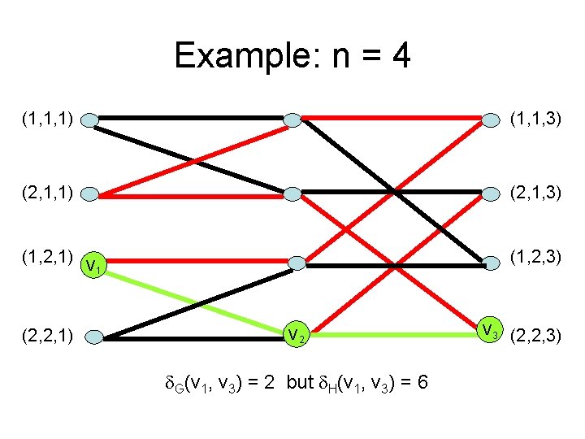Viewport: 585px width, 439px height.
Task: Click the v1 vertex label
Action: click(93, 265)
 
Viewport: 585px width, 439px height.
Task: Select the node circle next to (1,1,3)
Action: click(491, 120)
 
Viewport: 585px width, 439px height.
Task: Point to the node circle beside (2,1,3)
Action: click(491, 193)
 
